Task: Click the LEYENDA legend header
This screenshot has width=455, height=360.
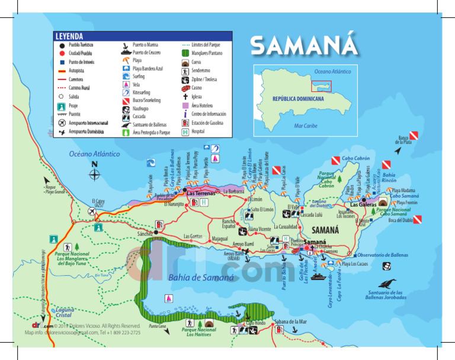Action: coord(69,36)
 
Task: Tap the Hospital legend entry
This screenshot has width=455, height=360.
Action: coord(199,131)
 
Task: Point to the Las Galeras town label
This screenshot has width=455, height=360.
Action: coord(362,205)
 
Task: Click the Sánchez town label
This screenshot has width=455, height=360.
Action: coord(146,234)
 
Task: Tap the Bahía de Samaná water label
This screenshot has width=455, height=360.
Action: coord(201,277)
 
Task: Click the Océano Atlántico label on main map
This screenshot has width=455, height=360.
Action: coord(95,154)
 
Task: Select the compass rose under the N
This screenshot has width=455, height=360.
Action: coord(95,174)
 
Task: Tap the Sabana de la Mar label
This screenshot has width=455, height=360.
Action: coord(290,321)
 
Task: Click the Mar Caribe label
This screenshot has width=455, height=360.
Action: coord(306,126)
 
